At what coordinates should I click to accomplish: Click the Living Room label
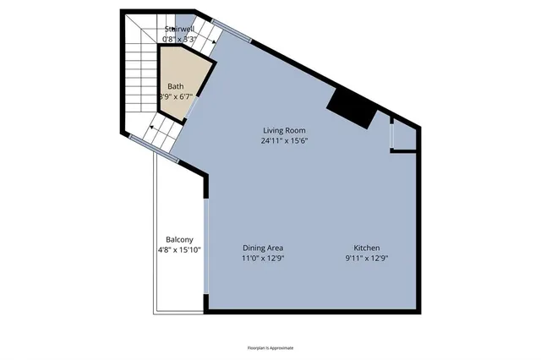coord(284,130)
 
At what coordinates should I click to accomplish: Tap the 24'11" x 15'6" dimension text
coord(284,141)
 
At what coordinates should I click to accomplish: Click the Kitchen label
coord(367,247)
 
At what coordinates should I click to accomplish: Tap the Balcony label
coord(179,239)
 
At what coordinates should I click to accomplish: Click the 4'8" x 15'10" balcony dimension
coord(179,250)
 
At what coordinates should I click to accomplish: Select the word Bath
coord(175,86)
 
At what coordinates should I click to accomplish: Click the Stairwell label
coord(179,30)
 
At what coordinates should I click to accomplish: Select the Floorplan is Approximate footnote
coord(270,347)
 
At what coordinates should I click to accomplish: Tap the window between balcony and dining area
coord(206,245)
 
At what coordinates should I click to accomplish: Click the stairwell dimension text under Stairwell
coord(179,39)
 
